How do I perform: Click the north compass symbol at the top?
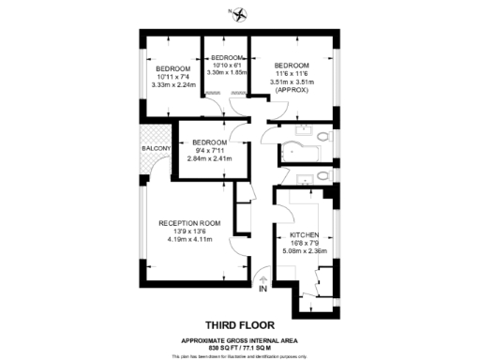click(240, 13)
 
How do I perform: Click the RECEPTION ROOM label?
click(189, 223)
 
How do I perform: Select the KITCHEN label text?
click(306, 234)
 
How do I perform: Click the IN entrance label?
click(263, 290)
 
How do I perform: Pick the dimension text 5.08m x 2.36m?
click(306, 250)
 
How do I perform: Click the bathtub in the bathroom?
click(297, 151)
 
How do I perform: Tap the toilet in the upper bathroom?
click(322, 137)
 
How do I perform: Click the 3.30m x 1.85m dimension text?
click(226, 71)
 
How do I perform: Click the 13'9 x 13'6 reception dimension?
click(189, 232)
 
